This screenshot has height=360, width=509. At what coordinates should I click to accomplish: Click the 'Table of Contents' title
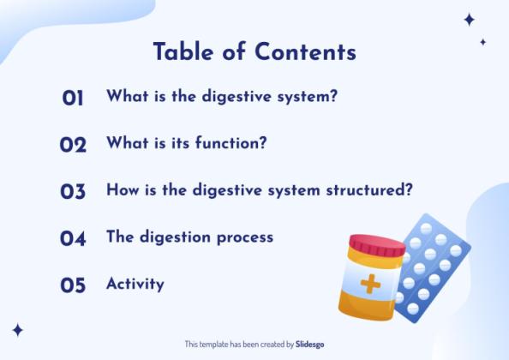(x=254, y=52)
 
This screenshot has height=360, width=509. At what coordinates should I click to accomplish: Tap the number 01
(x=73, y=99)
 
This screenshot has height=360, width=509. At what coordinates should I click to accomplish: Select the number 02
(x=73, y=145)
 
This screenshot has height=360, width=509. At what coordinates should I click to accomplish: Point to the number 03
(x=73, y=192)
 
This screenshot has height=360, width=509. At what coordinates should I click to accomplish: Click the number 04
(x=73, y=238)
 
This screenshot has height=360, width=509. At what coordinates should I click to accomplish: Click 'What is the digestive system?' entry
(x=222, y=97)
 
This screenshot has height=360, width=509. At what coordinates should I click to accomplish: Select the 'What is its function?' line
(x=187, y=143)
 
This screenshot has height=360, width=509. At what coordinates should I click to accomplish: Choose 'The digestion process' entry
(x=189, y=237)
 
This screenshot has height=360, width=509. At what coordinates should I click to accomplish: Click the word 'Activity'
(x=135, y=284)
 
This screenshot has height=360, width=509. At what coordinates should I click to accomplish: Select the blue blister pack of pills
(x=434, y=266)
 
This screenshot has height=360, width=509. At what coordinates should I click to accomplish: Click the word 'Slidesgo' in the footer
(x=309, y=344)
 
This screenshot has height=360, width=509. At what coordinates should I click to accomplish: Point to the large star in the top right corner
(x=469, y=20)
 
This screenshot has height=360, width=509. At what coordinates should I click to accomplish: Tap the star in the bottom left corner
(x=17, y=330)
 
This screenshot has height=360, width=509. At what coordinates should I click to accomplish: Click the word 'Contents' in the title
(x=306, y=52)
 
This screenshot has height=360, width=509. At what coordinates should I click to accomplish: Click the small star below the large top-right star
(x=482, y=41)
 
